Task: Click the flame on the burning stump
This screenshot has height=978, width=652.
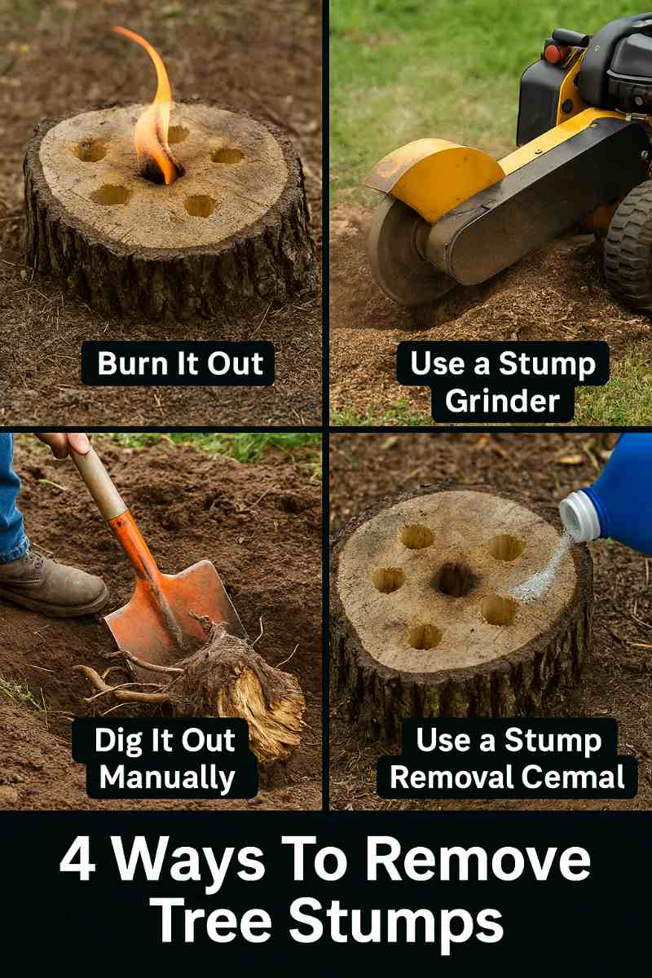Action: (x=155, y=114)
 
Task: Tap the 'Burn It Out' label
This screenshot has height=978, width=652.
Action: (x=180, y=363)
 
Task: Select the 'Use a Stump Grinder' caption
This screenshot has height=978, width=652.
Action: (x=503, y=381)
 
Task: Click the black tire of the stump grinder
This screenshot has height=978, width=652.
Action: (x=629, y=244)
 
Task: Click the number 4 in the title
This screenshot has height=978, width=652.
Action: (x=77, y=861)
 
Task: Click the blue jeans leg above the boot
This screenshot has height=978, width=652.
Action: (x=12, y=497)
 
